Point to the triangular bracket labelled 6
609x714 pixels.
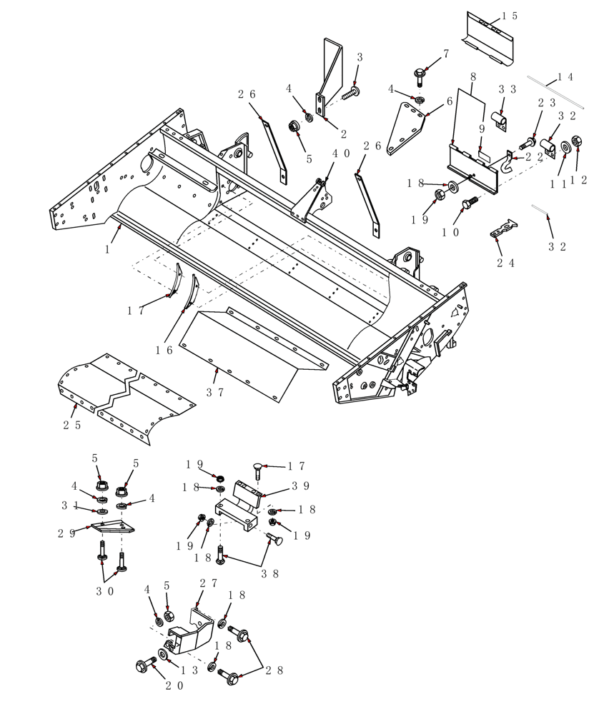point(404,129)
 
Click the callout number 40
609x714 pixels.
point(341,153)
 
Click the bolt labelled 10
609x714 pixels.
point(470,203)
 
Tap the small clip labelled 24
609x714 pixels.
point(503,229)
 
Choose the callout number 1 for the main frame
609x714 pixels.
point(107,250)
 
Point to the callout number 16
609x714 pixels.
point(164,350)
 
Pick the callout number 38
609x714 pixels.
point(269,573)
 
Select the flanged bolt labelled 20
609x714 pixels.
point(142,665)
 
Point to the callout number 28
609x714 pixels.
point(274,670)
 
